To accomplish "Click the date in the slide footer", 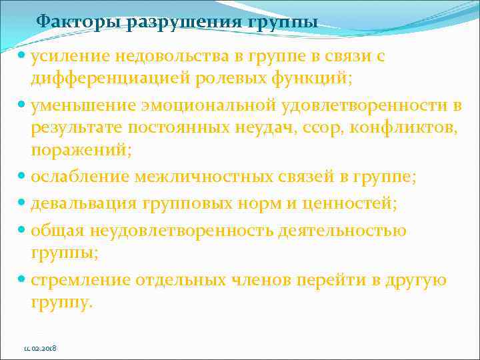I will [x=39, y=348].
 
